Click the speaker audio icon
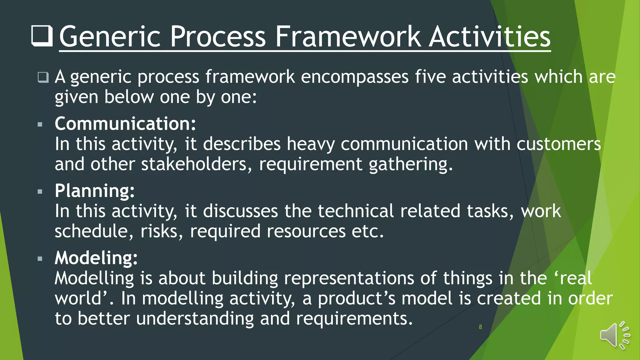click(x=614, y=335)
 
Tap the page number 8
click(x=480, y=327)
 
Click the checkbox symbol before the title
click(x=42, y=36)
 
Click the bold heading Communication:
click(x=125, y=123)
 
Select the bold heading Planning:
click(x=95, y=191)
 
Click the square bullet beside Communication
click(x=40, y=125)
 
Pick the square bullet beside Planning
click(x=40, y=192)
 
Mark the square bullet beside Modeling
click(x=40, y=259)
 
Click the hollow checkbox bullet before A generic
click(x=43, y=77)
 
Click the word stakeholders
click(x=194, y=164)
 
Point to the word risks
click(x=159, y=231)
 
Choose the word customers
click(x=558, y=144)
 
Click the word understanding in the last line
click(x=195, y=318)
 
